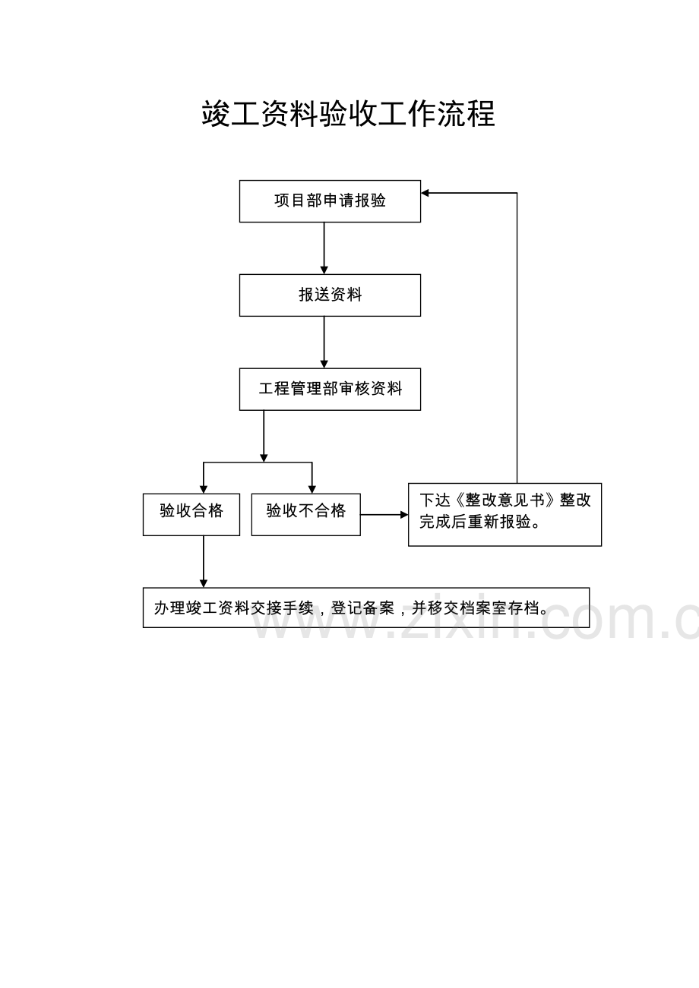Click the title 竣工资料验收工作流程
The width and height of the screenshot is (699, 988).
[349, 114]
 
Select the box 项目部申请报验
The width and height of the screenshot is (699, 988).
[330, 201]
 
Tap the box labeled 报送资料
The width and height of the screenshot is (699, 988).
[330, 295]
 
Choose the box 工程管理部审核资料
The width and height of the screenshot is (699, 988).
[330, 389]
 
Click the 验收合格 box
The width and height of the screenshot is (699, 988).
[191, 514]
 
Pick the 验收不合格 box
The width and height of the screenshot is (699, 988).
[305, 514]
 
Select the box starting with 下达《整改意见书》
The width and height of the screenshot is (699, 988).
[504, 514]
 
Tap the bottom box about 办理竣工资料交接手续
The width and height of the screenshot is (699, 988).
[366, 608]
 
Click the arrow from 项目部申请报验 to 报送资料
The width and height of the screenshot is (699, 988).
[324, 248]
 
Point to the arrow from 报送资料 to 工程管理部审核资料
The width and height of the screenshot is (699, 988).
[324, 342]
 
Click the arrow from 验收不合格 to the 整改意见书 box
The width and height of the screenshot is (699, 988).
[384, 514]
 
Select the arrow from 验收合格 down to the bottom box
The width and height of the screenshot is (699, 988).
[204, 561]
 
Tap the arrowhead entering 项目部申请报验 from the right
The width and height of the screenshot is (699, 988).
[425, 193]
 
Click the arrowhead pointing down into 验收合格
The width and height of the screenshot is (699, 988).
[204, 490]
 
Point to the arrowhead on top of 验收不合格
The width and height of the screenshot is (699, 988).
[312, 490]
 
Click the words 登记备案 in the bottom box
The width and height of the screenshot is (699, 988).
[362, 608]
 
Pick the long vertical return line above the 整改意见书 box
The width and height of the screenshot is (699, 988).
[517, 338]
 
